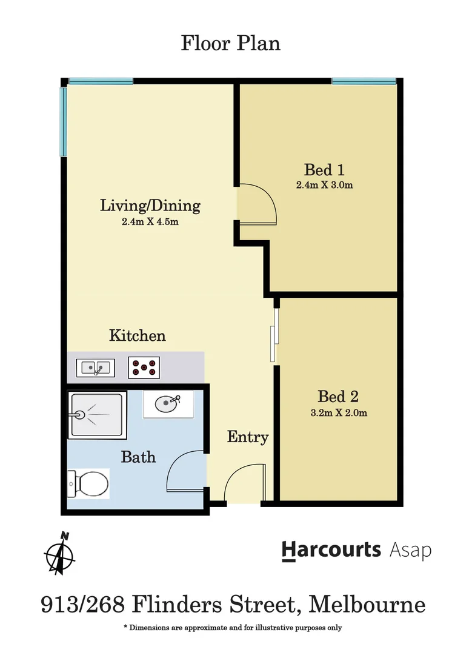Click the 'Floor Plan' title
coord(230,44)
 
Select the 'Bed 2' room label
coord(338,397)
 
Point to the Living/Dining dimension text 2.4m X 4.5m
coord(150,222)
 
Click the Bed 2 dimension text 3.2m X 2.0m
coord(338,414)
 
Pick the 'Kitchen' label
coord(138,335)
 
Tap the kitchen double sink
coord(95,367)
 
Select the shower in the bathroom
coord(98,415)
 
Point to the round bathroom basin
coord(166,403)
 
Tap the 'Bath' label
coord(138,457)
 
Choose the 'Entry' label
coord(248,437)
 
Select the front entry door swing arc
coord(244,483)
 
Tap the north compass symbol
coord(61,553)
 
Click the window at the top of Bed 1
coord(364,81)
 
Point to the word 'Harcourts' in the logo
coord(331,550)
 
